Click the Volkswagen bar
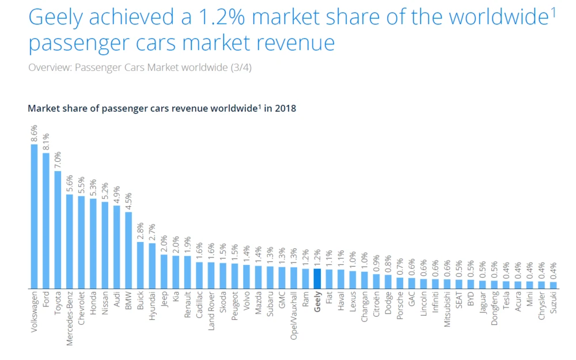tap(34, 216)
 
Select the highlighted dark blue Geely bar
tap(317, 278)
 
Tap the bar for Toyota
tap(58, 229)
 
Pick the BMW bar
tap(128, 250)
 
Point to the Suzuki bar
tap(553, 285)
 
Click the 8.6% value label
tap(34, 134)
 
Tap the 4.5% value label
tap(128, 202)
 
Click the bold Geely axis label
tap(317, 301)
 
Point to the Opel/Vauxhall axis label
tap(294, 316)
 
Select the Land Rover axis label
tap(211, 311)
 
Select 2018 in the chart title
tap(285, 108)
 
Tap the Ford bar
tap(46, 220)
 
